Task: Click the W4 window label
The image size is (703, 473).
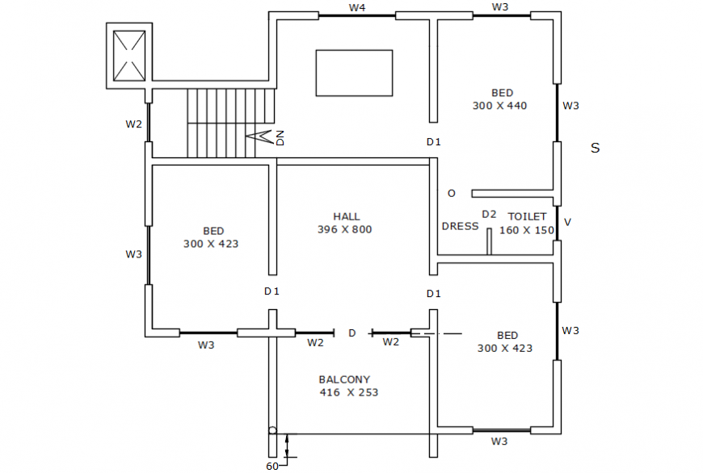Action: click(x=357, y=7)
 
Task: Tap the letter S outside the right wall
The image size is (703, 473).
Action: click(x=595, y=149)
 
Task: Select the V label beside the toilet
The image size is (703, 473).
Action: click(x=567, y=222)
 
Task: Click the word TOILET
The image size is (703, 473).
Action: click(x=527, y=216)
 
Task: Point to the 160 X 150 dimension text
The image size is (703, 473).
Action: click(x=527, y=230)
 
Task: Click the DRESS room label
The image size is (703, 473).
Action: click(x=460, y=227)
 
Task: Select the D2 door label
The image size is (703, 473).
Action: click(x=489, y=214)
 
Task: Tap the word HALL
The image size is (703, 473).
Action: click(x=347, y=216)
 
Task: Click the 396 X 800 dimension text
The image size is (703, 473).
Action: click(x=345, y=230)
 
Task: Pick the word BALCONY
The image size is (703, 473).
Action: click(x=344, y=379)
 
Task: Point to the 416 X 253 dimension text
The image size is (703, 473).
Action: click(x=348, y=393)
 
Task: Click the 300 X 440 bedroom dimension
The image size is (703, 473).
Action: click(x=500, y=106)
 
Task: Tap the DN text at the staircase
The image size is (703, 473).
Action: click(x=280, y=138)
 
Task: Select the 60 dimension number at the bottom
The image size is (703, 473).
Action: click(x=272, y=466)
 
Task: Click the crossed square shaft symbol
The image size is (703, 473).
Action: click(x=129, y=54)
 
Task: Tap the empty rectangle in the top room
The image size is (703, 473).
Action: click(x=354, y=73)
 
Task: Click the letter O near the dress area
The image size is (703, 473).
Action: click(x=451, y=193)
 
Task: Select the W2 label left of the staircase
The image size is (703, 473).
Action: click(x=133, y=124)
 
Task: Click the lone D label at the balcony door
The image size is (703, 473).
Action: click(x=351, y=333)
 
